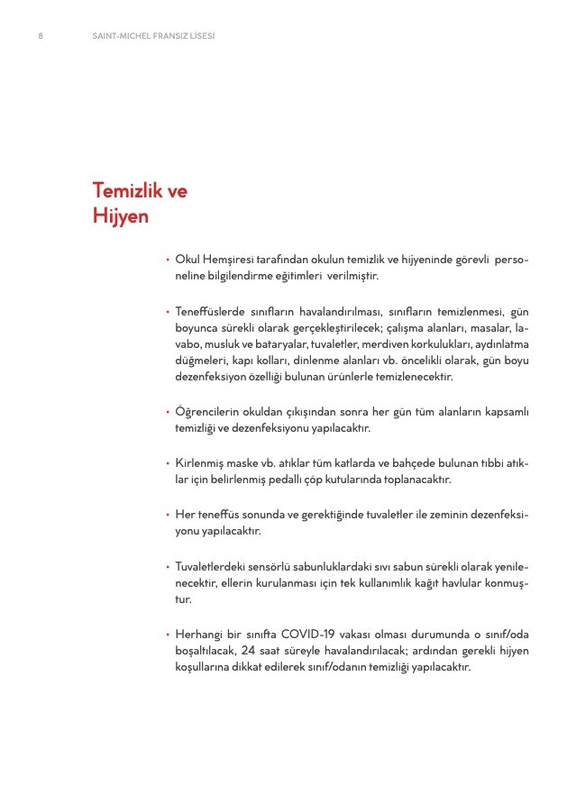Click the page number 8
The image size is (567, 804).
pyautogui.click(x=41, y=36)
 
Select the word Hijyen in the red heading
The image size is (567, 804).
pyautogui.click(x=121, y=217)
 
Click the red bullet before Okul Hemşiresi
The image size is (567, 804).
pyautogui.click(x=167, y=260)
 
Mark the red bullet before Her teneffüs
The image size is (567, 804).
pyautogui.click(x=167, y=515)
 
